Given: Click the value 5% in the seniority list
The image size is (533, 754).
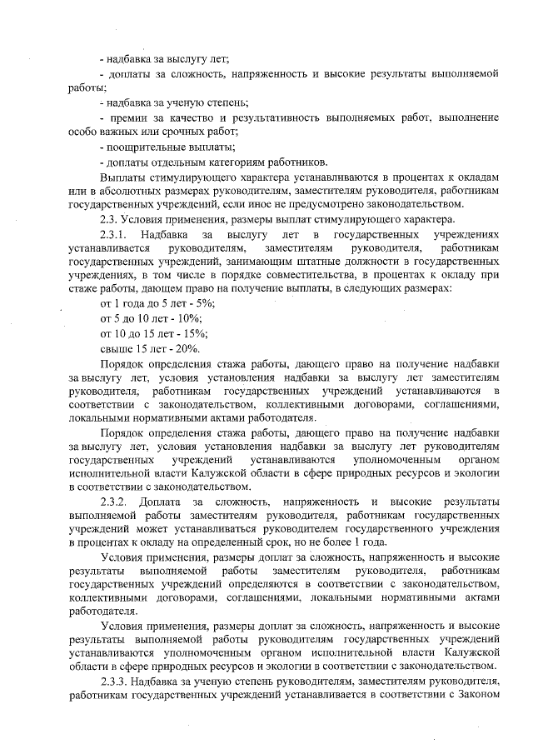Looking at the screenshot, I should click(x=193, y=303).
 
